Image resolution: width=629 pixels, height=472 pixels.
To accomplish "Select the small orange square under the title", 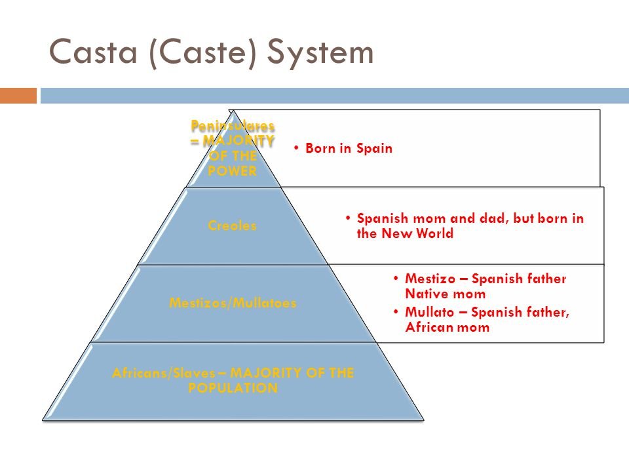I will coord(18,96).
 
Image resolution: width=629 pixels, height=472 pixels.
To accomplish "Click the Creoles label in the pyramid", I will coord(232,226).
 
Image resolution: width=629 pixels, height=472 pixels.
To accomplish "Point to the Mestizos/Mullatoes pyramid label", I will coord(233,304).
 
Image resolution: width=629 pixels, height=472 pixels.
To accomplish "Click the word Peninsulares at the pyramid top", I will coord(233,125).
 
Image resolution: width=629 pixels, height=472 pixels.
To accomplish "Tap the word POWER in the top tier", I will coord(233,171).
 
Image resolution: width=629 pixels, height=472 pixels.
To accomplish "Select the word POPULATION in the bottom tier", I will coord(233,388).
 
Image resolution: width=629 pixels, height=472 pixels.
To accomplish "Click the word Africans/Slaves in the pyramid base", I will coord(149,373).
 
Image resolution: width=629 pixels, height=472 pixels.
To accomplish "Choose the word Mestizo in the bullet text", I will coord(428,279).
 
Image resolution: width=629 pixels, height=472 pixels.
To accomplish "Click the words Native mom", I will coord(445,294).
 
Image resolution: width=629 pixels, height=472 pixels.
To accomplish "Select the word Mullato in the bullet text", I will coord(427,312).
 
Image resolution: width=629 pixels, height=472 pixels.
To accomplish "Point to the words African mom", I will coord(448,327).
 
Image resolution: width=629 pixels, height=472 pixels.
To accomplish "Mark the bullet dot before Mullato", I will coord(397,312).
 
